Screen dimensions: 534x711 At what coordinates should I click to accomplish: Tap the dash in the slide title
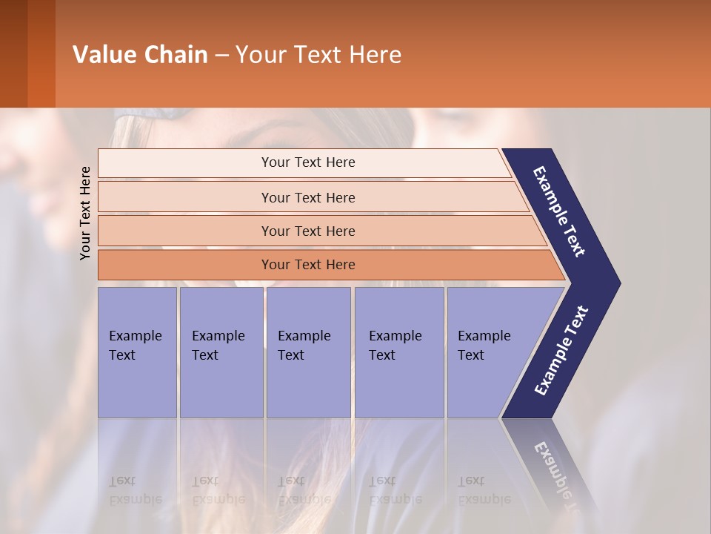point(221,56)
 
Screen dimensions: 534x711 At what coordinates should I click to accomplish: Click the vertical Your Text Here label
point(85,213)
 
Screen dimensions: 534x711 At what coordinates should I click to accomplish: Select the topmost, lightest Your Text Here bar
point(307,162)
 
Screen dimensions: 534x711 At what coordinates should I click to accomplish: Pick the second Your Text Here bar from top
point(307,197)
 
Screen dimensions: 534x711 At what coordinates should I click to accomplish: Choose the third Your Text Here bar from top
point(307,231)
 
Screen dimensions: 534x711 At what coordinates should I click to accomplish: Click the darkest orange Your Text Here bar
point(307,265)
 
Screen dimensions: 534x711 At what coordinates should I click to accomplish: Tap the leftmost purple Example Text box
point(137,352)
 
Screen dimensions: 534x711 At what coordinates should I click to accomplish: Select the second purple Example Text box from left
point(221,352)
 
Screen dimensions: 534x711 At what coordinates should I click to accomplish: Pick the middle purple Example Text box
point(308,352)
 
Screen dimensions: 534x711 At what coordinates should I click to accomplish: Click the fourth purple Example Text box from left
point(399,352)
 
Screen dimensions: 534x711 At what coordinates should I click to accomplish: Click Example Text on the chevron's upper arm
point(559,211)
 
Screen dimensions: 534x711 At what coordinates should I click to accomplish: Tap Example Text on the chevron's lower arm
point(561,351)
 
